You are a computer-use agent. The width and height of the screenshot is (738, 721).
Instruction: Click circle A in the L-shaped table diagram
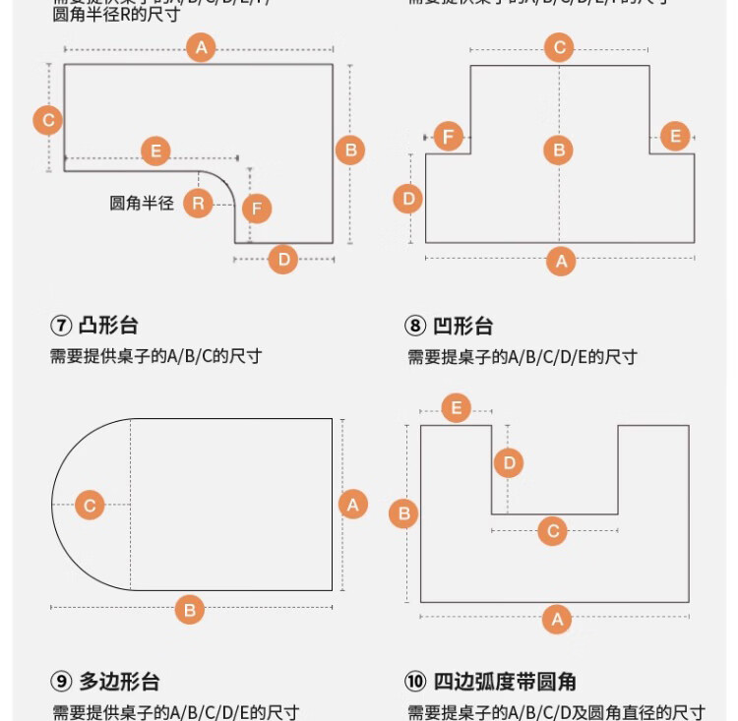click(201, 47)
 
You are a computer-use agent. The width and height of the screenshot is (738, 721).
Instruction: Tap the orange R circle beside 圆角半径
click(198, 204)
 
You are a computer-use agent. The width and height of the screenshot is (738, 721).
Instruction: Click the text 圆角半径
click(142, 204)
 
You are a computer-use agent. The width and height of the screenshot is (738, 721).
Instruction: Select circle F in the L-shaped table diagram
click(257, 209)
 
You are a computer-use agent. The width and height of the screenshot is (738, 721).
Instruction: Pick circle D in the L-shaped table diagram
click(283, 260)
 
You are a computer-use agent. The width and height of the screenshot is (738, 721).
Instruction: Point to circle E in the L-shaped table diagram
click(154, 151)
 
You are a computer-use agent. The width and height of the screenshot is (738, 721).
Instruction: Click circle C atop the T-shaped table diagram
click(559, 47)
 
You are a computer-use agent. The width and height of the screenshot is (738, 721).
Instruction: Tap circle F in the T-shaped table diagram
click(449, 137)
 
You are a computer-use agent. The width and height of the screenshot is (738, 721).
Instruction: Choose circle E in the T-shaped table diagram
click(675, 137)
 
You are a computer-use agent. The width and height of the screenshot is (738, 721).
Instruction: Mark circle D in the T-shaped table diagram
click(408, 199)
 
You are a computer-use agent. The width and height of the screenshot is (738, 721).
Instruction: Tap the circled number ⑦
click(60, 326)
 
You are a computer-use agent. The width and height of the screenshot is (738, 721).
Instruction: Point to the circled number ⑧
click(415, 326)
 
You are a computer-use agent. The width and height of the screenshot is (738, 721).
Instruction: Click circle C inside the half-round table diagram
click(90, 506)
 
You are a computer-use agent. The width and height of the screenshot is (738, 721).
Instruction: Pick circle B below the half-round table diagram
click(189, 610)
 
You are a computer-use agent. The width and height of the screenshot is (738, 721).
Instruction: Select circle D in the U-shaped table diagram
click(508, 462)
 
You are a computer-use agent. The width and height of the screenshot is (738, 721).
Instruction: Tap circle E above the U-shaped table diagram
click(456, 407)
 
